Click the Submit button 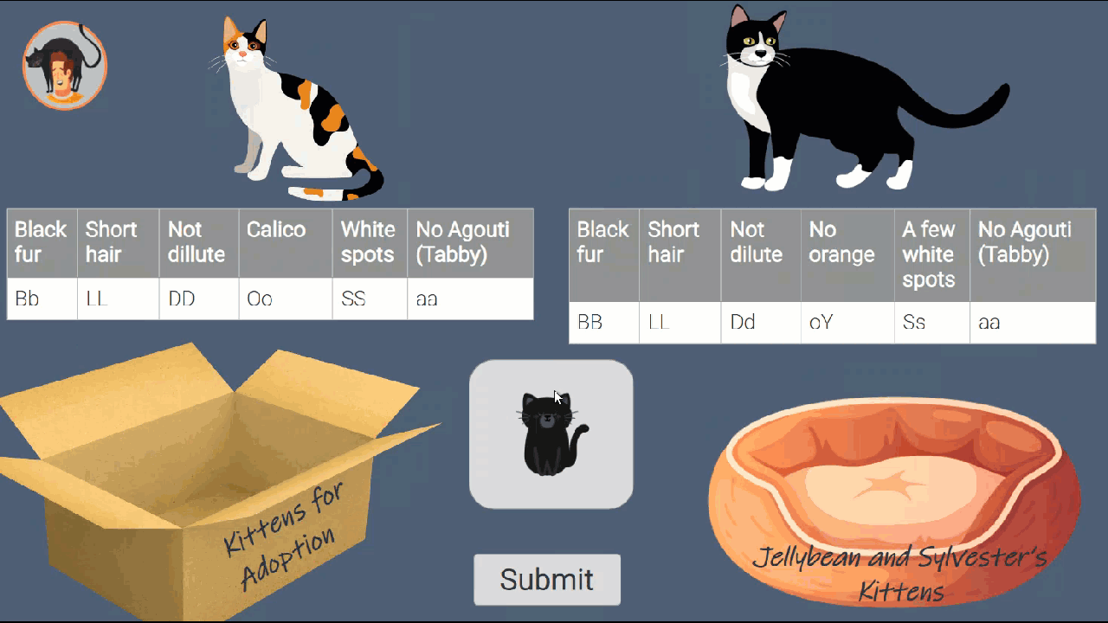[x=546, y=579]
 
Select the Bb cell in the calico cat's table [x=42, y=299]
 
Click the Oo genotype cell [x=285, y=299]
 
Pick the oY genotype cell [x=847, y=323]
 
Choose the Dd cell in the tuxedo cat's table [x=760, y=323]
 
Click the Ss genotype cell [x=931, y=323]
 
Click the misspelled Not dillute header [x=198, y=242]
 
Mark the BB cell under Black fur [x=603, y=323]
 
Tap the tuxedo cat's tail [x=961, y=111]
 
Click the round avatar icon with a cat [x=64, y=66]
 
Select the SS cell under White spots [x=369, y=299]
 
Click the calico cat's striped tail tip [x=374, y=183]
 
